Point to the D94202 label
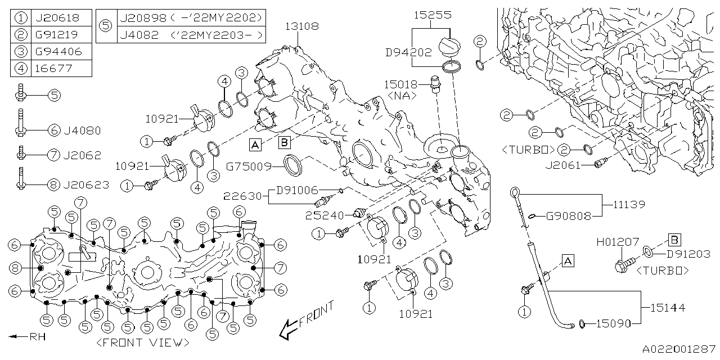tap(408, 52)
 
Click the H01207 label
tap(617, 242)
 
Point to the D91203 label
tap(688, 254)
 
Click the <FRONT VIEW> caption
tap(142, 343)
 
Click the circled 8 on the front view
tap(15, 268)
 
